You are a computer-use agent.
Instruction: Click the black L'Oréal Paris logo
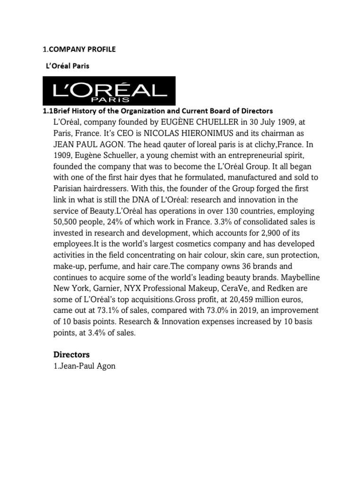pyautogui.click(x=109, y=90)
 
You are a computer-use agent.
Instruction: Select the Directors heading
pyautogui.click(x=71, y=354)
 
